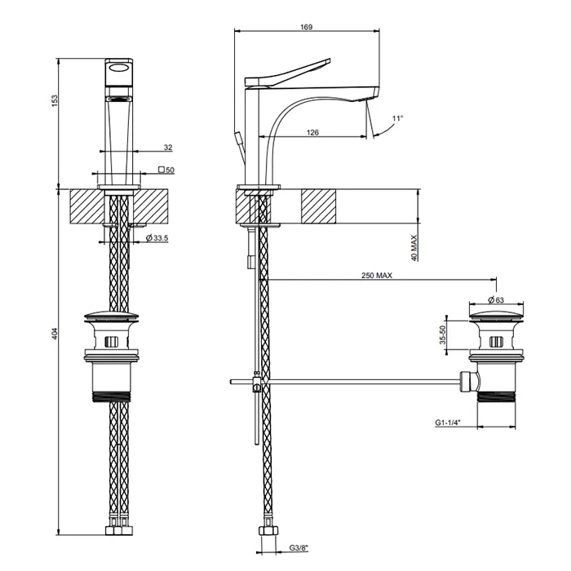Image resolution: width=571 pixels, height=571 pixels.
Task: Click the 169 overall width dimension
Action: pyautogui.click(x=306, y=28)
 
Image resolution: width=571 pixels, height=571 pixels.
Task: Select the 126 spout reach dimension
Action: pyautogui.click(x=312, y=132)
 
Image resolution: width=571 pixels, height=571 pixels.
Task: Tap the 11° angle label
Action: pyautogui.click(x=397, y=119)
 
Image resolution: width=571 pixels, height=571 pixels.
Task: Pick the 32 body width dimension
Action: pyautogui.click(x=167, y=148)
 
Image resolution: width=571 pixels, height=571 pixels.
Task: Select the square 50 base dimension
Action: pyautogui.click(x=166, y=170)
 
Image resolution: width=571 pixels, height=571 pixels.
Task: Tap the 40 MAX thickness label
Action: pyautogui.click(x=414, y=246)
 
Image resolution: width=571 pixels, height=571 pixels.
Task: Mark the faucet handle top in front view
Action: pyautogui.click(x=119, y=69)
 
